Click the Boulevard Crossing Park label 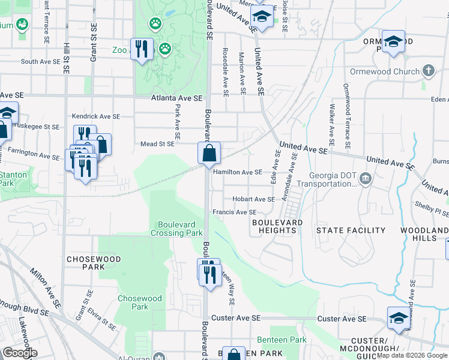pos(176,229)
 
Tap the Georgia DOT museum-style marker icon pos(366,178)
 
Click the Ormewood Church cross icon pos(428,71)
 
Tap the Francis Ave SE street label pos(234,212)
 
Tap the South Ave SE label pos(41,62)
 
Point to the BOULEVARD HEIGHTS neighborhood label pos(277,226)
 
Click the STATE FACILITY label pos(351,230)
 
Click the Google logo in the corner pos(19,353)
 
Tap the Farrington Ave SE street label pos(34,155)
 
